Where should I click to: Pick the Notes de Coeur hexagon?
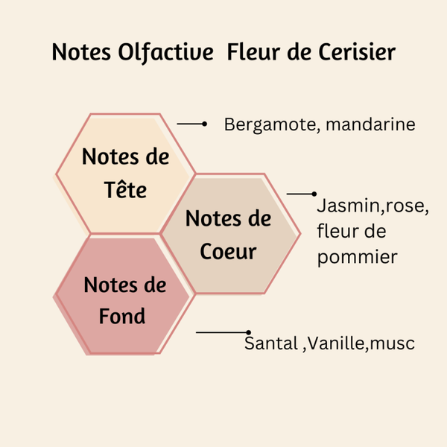pos(228,234)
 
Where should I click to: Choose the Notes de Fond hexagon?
pos(122,298)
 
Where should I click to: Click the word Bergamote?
pos(270,124)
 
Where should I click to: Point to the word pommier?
pos(357,257)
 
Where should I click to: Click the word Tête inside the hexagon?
pos(125,189)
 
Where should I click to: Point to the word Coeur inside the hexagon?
pos(228,251)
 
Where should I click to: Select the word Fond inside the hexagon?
pos(122,316)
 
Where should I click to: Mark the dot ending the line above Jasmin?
pos(314,194)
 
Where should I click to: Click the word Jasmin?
pos(343,206)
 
